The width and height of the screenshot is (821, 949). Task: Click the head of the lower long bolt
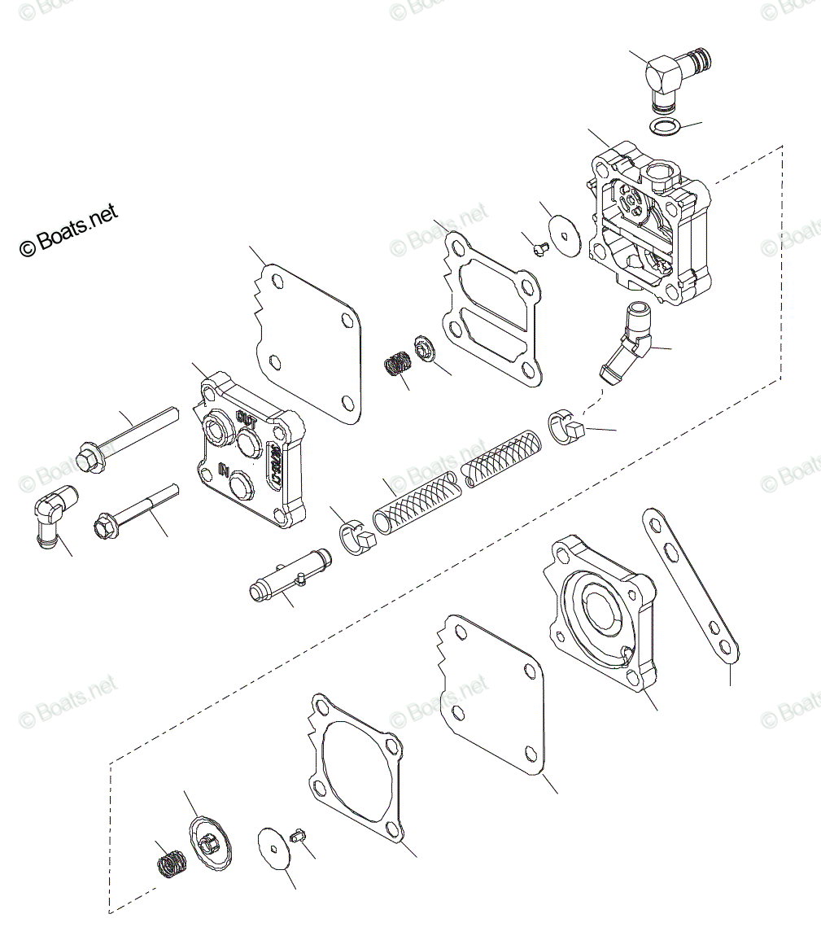(x=105, y=526)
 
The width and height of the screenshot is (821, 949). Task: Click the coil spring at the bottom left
(x=170, y=860)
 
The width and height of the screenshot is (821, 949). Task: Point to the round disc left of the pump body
(x=561, y=232)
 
